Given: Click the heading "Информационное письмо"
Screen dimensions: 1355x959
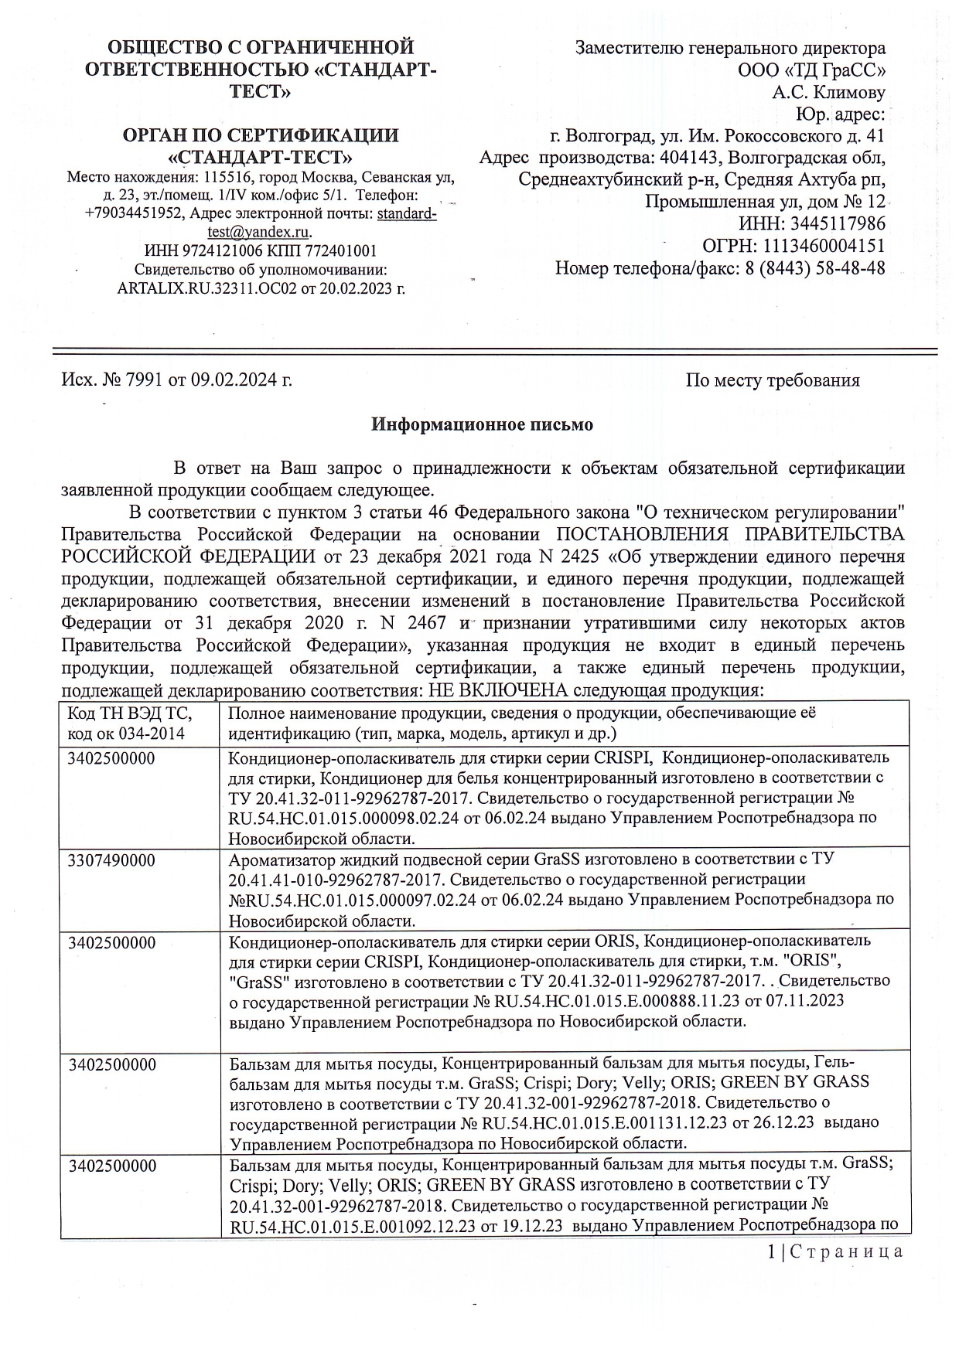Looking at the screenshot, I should (482, 424).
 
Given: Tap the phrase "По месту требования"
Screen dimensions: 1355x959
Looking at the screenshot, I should (772, 380).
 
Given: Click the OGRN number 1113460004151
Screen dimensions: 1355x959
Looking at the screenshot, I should (824, 246).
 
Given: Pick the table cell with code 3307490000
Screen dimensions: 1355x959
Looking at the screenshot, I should (111, 860).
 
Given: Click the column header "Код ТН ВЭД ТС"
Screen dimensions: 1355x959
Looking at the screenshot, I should (129, 713).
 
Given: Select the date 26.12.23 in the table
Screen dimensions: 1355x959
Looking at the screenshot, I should (784, 1122).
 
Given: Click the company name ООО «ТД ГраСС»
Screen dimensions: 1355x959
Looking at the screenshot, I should (811, 70).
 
